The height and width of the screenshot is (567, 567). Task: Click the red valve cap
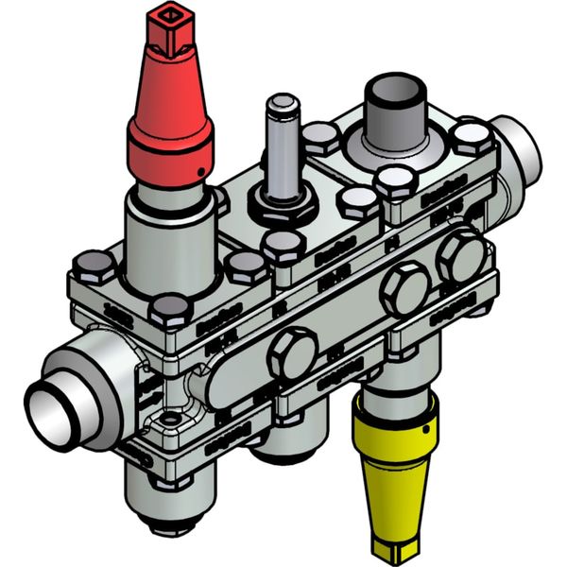click(x=171, y=104)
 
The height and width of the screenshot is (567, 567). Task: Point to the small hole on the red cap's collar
click(x=201, y=171)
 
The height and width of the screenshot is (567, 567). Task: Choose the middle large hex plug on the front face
click(x=403, y=291)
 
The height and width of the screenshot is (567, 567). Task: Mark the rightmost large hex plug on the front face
click(x=460, y=255)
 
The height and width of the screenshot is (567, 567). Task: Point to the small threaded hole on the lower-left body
click(x=171, y=420)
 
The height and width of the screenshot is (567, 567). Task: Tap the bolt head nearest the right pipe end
click(x=470, y=139)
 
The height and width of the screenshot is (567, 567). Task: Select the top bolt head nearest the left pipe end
click(x=94, y=267)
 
